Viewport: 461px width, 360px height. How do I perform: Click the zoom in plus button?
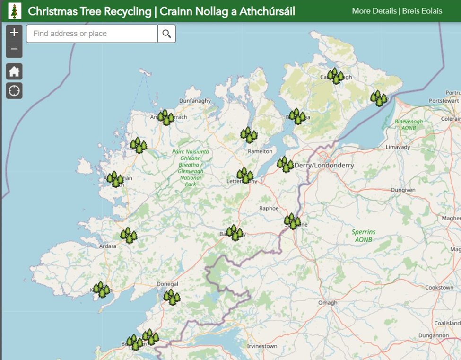pos(14,33)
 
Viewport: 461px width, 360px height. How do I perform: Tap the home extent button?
pos(14,72)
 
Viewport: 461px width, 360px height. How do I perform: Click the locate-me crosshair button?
pos(14,90)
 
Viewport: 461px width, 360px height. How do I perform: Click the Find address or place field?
pos(92,34)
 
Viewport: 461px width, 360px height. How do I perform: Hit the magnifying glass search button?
pos(167,34)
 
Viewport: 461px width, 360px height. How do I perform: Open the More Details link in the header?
pos(374,10)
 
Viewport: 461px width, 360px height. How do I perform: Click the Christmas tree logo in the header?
pos(15,10)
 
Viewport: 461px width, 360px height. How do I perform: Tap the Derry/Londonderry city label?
pos(324,166)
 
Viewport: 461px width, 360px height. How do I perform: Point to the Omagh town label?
pos(328,303)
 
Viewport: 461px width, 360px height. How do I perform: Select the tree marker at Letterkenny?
pos(245,176)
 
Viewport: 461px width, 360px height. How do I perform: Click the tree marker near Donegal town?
pos(172,297)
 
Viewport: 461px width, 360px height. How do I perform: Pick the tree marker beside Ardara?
pos(129,235)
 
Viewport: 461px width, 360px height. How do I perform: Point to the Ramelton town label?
pos(261,151)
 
